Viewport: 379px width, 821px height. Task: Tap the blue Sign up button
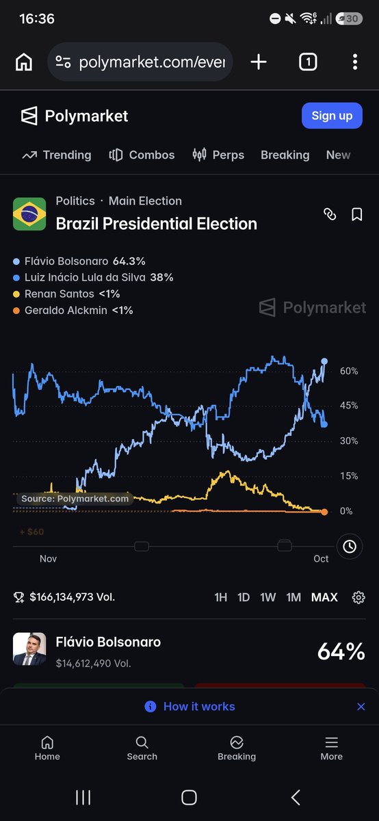coord(332,116)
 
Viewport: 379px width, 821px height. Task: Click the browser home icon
coord(24,62)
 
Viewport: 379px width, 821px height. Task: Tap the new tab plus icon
coord(259,62)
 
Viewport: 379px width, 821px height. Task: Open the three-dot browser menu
coord(355,62)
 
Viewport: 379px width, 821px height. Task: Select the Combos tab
coord(142,155)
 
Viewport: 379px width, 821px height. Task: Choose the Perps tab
coord(218,155)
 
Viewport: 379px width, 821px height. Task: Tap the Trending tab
coord(57,155)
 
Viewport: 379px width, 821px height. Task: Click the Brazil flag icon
coord(29,213)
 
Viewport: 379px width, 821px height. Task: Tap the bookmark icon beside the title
coord(356,214)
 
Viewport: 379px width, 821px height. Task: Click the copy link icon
coord(330,214)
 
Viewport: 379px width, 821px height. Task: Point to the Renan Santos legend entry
coord(66,294)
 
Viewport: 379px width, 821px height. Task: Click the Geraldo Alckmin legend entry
coord(73,311)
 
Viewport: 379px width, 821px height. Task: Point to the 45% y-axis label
coord(349,405)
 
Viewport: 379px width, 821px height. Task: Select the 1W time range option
coord(268,597)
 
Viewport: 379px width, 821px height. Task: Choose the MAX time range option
coord(324,597)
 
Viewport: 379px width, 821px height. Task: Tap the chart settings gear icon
coord(358,597)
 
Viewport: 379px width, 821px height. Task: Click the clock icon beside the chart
coord(350,547)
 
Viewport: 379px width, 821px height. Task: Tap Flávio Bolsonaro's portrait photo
coord(29,649)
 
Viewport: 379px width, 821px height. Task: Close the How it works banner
coord(361,707)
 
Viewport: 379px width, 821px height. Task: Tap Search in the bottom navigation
coord(142,748)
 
